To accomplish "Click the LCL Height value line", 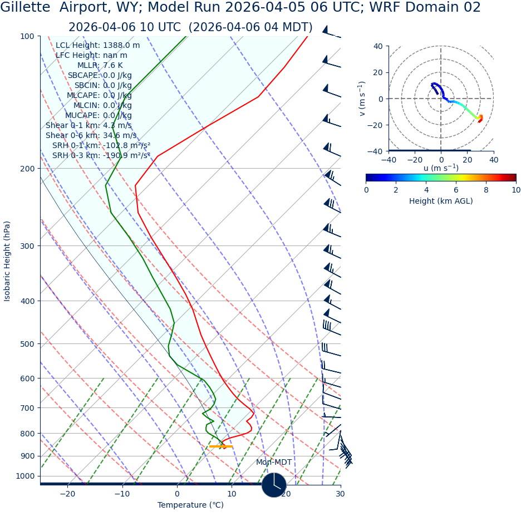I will [97, 46].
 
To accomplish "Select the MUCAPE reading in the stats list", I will [99, 116].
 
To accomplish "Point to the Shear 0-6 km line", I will [91, 136].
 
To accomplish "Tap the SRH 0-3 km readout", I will [101, 156].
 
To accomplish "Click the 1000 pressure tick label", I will [25, 476].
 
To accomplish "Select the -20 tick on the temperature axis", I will [67, 494].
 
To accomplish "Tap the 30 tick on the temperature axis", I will [340, 494].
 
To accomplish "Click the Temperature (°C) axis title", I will [190, 505].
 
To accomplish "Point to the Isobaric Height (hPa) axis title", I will [7, 261].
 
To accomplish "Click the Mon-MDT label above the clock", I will [274, 463].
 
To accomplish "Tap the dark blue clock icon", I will [274, 485].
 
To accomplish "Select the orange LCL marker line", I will [220, 446].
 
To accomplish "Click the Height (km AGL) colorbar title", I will [441, 201].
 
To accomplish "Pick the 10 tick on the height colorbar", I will [516, 190].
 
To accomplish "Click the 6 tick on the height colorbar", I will [456, 190].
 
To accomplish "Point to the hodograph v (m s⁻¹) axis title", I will [362, 99].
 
